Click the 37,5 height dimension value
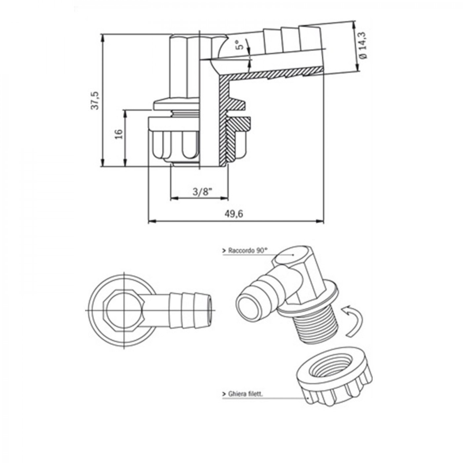(x=96, y=101)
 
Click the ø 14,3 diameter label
(x=363, y=49)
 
